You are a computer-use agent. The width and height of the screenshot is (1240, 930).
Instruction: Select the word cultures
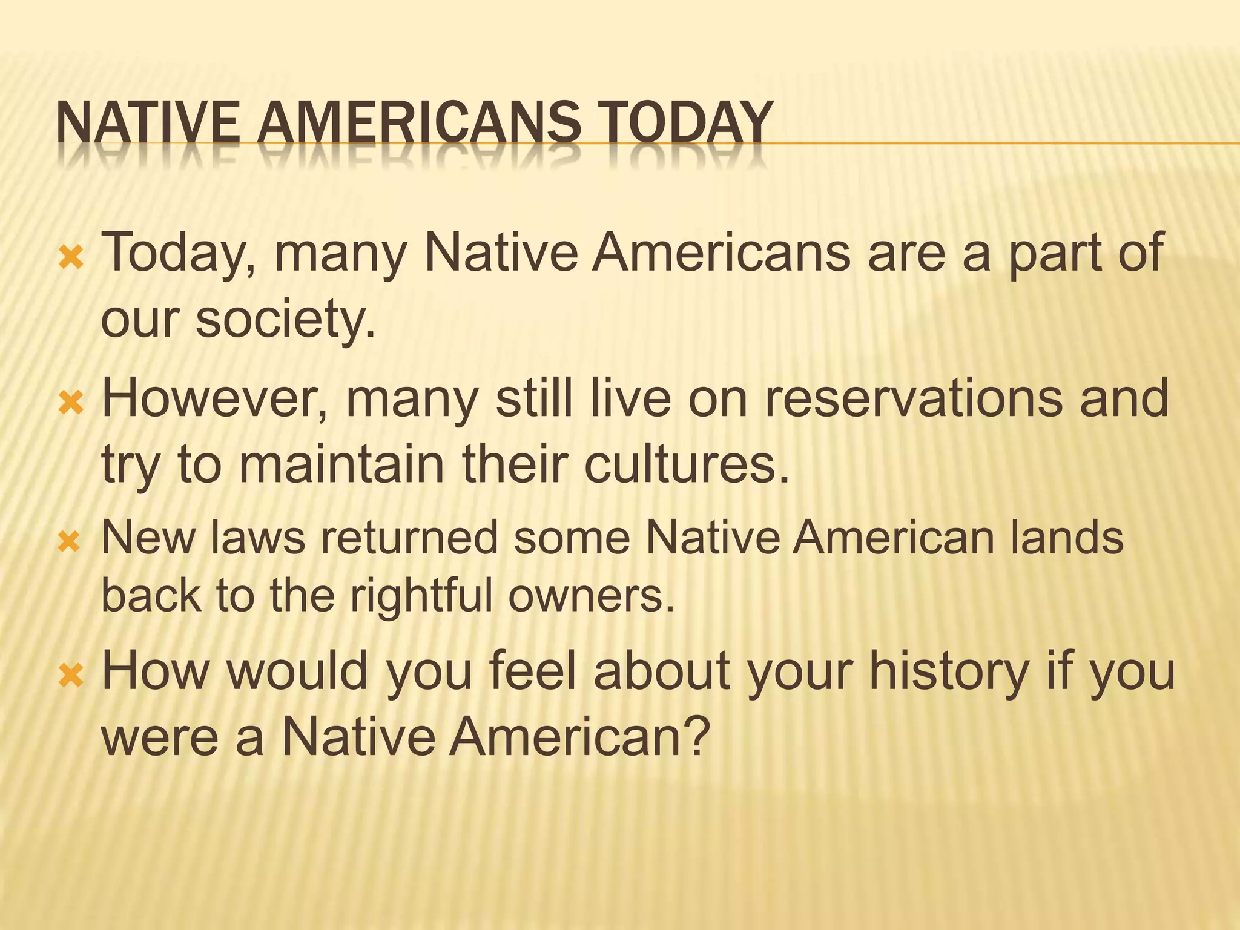[687, 464]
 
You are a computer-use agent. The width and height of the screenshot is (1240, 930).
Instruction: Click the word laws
[258, 538]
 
